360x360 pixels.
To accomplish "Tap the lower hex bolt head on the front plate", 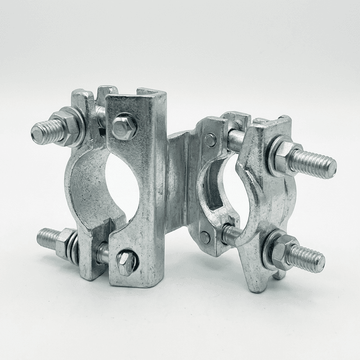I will point(127,262).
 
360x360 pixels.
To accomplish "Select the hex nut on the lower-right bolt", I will point(282,250).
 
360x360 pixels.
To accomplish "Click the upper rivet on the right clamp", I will point(210,140).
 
